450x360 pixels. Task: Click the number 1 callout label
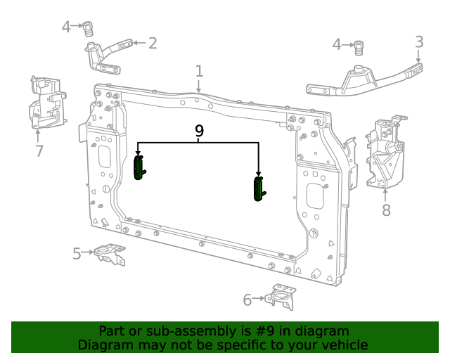[199, 71]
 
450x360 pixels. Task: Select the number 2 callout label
[152, 44]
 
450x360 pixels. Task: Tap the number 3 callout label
[419, 42]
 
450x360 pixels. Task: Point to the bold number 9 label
[199, 131]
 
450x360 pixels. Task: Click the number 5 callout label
[77, 253]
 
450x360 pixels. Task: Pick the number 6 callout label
[247, 300]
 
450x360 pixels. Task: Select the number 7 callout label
[39, 151]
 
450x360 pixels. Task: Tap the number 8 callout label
[386, 210]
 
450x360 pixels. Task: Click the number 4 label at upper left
[66, 27]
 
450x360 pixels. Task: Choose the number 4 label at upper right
[337, 45]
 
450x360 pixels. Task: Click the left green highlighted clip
[139, 168]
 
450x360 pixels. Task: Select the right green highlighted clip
[259, 189]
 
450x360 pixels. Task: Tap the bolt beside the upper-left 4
[89, 29]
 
